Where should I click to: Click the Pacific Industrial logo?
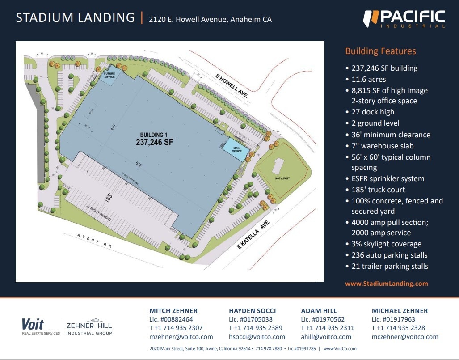404,19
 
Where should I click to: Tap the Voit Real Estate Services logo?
40,326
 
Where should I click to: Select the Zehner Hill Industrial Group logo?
89,326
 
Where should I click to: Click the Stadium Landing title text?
75,18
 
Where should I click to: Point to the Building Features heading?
380,51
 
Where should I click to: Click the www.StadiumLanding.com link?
387,284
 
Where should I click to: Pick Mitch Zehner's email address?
181,337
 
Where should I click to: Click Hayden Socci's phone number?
256,328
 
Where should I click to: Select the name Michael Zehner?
400,310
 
